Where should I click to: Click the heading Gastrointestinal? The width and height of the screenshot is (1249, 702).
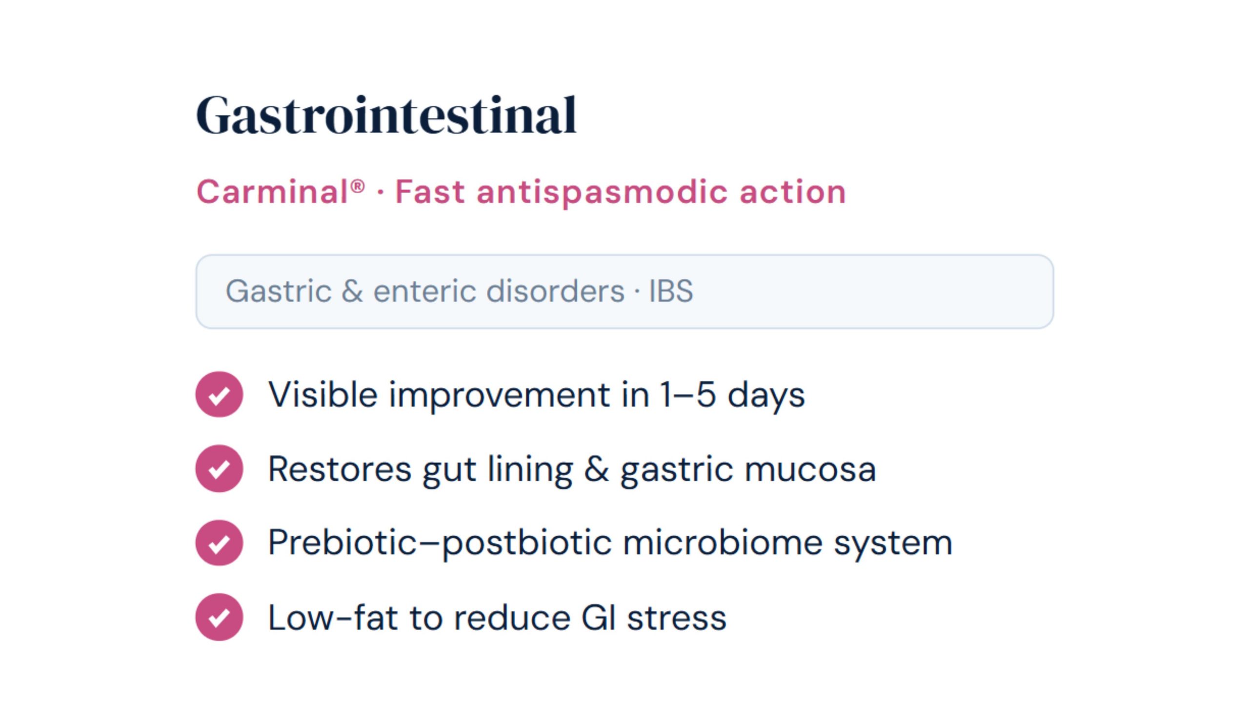coord(386,115)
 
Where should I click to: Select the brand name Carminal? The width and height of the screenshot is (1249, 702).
coord(272,192)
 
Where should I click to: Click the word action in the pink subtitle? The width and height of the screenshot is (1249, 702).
coord(792,192)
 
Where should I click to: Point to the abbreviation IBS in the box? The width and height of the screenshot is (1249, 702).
coord(671,291)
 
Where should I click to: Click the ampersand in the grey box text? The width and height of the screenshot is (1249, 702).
coord(352,291)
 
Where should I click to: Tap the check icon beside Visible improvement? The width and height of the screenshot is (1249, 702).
coord(219,394)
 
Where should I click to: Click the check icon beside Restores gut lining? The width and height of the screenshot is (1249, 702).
coord(219,468)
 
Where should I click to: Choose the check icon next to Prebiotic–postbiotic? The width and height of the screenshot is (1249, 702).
coord(219,543)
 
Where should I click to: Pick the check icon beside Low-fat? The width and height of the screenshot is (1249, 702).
coord(219,617)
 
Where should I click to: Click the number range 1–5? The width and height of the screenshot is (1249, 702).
coord(688,394)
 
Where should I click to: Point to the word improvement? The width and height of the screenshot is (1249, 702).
coord(499,394)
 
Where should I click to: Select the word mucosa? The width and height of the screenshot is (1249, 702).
coord(810,469)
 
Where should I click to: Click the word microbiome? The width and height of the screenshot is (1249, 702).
coord(723,543)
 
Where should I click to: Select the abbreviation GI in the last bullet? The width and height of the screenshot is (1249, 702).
coord(599,618)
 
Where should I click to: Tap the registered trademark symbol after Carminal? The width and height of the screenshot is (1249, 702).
coord(358,186)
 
